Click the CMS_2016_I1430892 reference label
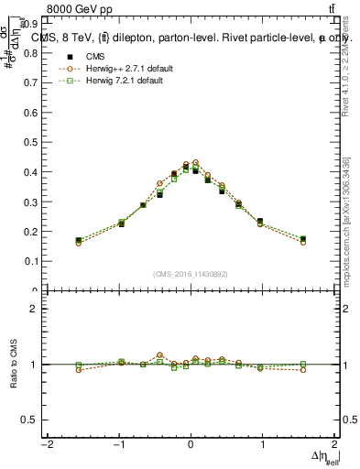191,274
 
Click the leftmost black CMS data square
79,240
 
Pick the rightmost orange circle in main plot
303,243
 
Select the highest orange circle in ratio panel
159,354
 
